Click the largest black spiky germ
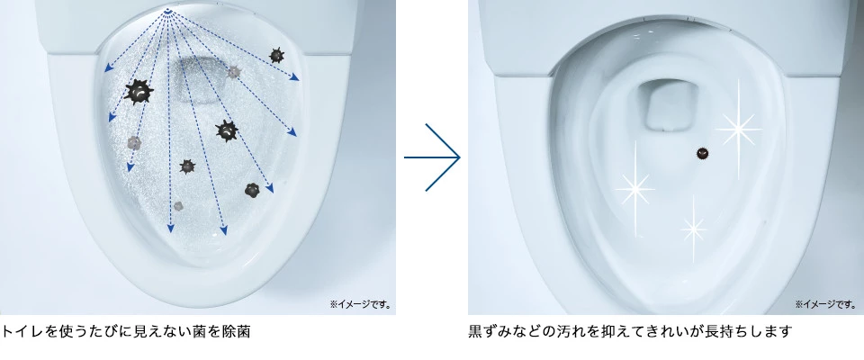coord(139,92)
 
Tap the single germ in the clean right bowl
coord(702,154)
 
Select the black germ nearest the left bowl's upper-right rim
coord(276,55)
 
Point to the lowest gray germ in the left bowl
coord(178,205)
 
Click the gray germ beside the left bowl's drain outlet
coord(234,72)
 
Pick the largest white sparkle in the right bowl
coord(738,130)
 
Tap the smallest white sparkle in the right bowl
coord(693,227)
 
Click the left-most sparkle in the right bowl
coord(634,189)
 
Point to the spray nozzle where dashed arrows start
coord(168,10)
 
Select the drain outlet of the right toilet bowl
coord(668,107)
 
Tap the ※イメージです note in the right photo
coord(825,304)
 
